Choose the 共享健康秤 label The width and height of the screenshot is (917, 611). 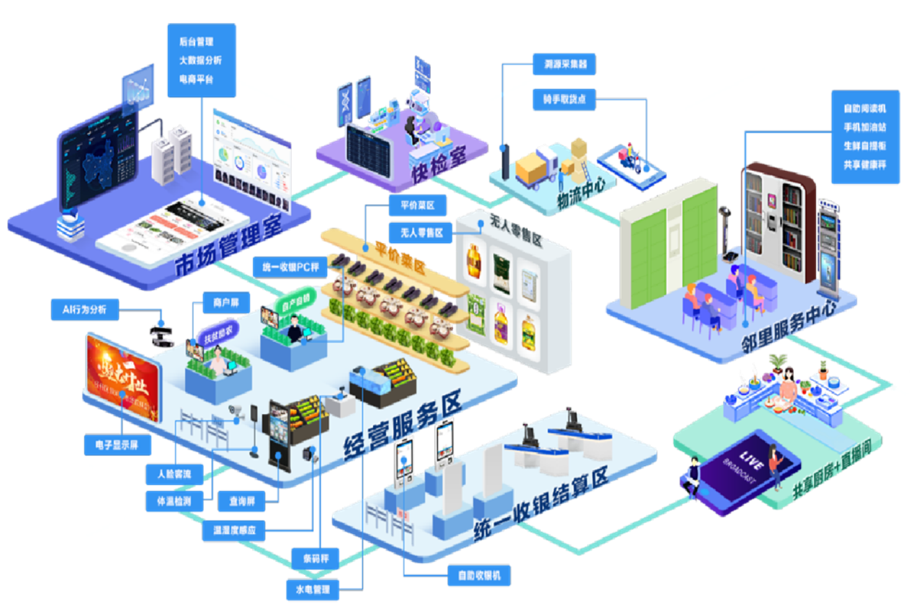pyautogui.click(x=864, y=165)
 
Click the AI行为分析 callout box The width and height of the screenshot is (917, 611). pyautogui.click(x=84, y=309)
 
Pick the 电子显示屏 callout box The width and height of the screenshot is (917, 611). pyautogui.click(x=117, y=445)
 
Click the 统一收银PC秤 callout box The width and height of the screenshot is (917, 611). pyautogui.click(x=290, y=267)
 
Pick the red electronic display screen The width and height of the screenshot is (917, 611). pyautogui.click(x=123, y=377)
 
